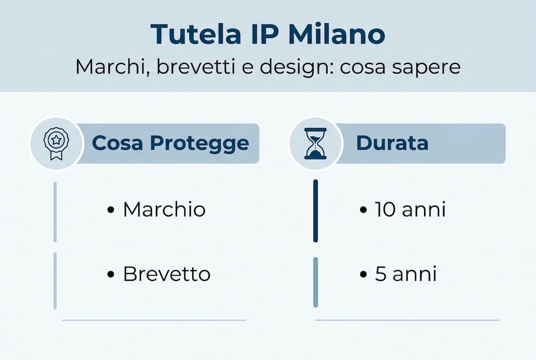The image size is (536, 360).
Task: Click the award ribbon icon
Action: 56,143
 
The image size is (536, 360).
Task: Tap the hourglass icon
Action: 316,143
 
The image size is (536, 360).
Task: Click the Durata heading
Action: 392,143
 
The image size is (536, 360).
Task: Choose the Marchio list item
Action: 164,209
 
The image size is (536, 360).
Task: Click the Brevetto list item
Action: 166,274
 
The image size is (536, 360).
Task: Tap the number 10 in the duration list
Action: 385,209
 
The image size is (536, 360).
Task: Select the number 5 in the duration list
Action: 381,274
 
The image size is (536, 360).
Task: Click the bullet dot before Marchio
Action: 111,210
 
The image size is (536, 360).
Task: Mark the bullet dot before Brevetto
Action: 111,274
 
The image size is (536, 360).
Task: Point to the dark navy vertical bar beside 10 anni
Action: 315,211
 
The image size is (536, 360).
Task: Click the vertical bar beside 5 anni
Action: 315,282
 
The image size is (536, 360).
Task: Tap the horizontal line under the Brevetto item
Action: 154,320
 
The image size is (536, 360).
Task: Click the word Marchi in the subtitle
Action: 104,66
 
